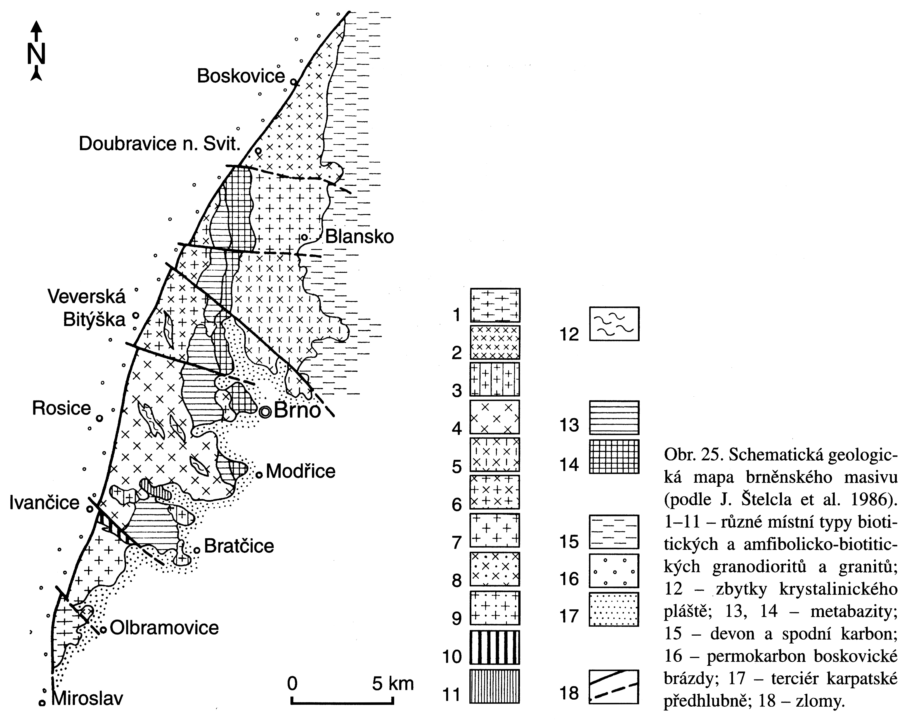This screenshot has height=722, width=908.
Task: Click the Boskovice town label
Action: point(241,76)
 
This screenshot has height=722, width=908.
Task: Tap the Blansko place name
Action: point(359,237)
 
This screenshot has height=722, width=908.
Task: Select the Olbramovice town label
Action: point(164,628)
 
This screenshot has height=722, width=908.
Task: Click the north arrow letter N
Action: point(36,54)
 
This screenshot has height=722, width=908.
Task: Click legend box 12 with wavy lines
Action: point(614,323)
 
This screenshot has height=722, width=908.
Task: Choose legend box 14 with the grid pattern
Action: point(614,457)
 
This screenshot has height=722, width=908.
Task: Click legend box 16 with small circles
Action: point(614,571)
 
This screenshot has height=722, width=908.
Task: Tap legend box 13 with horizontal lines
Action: point(614,418)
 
